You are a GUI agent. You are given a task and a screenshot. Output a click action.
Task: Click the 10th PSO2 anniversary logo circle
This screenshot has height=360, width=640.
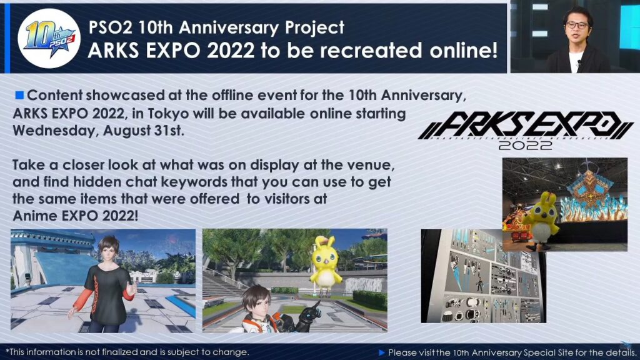(x=49, y=38)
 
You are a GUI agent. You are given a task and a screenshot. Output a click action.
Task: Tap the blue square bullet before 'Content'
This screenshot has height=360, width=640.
(x=19, y=95)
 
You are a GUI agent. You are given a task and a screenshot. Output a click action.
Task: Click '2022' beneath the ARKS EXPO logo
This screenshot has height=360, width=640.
(x=525, y=145)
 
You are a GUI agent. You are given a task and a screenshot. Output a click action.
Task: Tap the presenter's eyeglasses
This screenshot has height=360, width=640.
(x=576, y=25)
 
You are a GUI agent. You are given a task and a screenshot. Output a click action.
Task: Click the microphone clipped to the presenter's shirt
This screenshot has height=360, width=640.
(x=579, y=63)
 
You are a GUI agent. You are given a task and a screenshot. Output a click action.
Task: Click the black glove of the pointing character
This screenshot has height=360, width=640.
(x=307, y=317)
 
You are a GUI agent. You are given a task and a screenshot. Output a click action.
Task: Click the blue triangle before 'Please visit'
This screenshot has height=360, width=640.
(x=382, y=352)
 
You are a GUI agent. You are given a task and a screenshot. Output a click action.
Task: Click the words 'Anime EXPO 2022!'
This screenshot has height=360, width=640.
(x=76, y=216)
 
